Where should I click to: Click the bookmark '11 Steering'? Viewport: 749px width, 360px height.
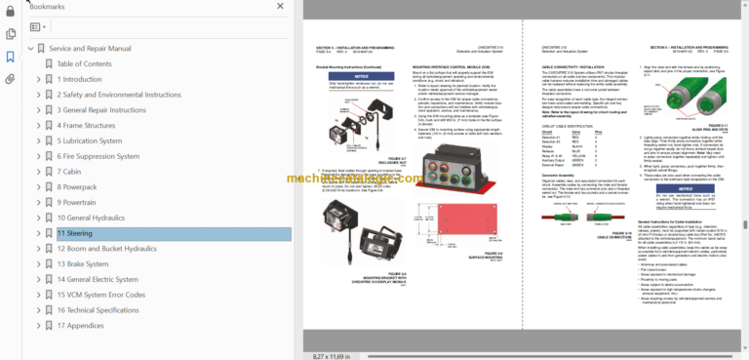75,233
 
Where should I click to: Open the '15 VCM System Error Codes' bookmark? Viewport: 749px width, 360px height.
101,295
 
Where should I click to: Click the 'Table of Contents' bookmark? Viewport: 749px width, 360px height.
84,63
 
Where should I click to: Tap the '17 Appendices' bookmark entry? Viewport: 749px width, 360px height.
81,325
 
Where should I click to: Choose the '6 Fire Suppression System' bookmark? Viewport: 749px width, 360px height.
106,156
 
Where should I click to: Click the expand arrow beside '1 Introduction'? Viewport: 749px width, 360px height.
38,79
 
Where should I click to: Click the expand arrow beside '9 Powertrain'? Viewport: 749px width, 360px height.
38,202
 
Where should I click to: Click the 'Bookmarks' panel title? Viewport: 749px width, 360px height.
47,6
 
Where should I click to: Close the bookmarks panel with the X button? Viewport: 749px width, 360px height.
281,7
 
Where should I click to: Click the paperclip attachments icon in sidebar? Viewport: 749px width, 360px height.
10,78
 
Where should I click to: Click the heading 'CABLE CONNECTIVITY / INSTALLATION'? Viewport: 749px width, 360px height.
576,69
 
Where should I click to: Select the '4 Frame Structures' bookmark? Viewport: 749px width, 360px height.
86,125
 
